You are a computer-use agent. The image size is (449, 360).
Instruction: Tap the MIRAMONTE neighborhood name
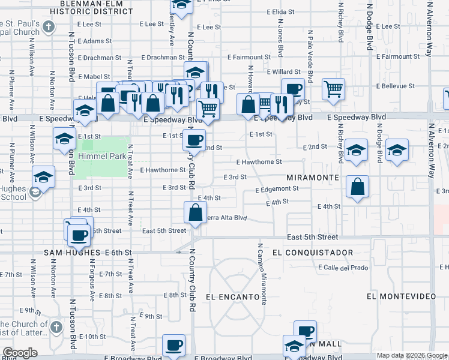pyautogui.click(x=312, y=178)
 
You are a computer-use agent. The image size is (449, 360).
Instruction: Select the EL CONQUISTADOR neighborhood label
pyautogui.click(x=312, y=253)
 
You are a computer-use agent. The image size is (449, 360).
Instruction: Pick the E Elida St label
pyautogui.click(x=279, y=11)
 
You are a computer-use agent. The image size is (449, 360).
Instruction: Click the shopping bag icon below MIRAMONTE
pyautogui.click(x=358, y=187)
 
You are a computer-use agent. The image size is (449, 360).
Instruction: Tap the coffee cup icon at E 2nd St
pyautogui.click(x=193, y=140)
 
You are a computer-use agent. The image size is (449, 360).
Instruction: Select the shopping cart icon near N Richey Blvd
pyautogui.click(x=333, y=89)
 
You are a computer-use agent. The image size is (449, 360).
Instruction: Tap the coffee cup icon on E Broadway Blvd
pyautogui.click(x=173, y=345)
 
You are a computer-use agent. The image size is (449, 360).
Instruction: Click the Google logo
pyautogui.click(x=20, y=353)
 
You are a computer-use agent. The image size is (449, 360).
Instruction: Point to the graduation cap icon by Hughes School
pyautogui.click(x=44, y=177)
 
